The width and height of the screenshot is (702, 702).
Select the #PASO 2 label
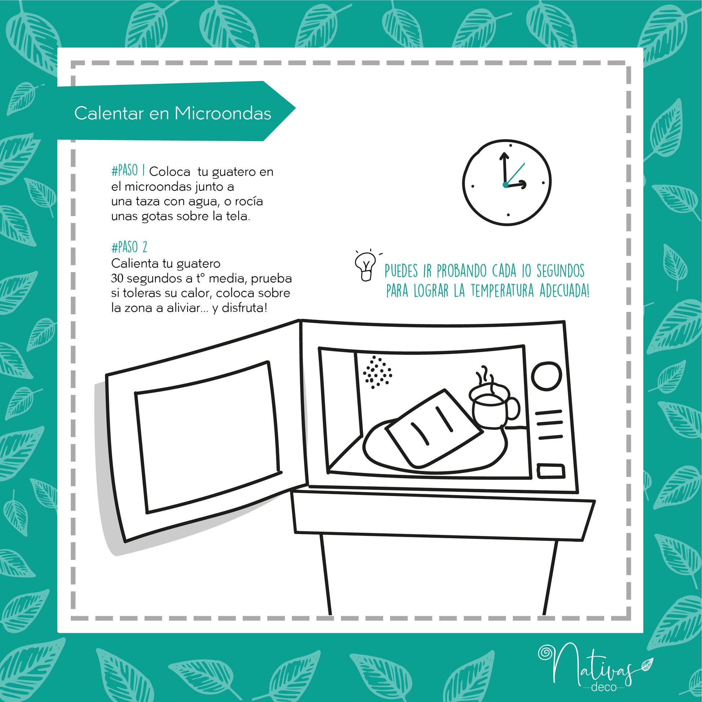129,247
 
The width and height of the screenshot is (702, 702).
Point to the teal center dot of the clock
505,185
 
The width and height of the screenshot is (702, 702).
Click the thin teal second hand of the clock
515,174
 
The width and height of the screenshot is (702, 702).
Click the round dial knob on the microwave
547,376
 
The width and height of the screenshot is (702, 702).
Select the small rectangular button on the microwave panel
551,471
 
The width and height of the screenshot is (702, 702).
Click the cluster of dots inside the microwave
378,372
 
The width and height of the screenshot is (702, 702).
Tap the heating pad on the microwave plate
434,429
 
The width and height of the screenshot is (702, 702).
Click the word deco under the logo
604,687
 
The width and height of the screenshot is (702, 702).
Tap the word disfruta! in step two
244,308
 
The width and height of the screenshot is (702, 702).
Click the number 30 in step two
117,278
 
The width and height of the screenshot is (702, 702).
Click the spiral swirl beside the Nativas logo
545,653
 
